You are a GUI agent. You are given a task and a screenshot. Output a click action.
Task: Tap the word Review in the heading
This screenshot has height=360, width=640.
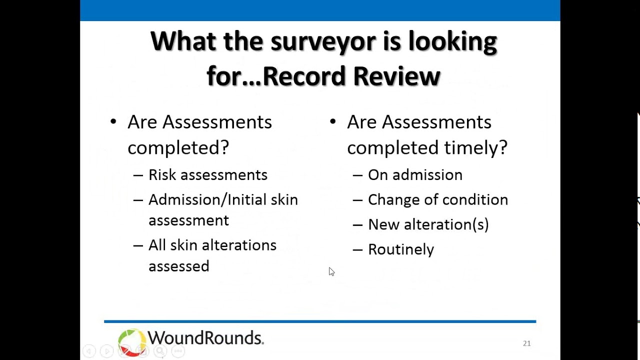[x=396, y=76]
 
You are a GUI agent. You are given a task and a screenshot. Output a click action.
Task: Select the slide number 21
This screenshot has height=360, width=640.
[x=526, y=343]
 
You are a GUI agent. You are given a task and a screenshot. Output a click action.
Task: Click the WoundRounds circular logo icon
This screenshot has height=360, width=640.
[x=131, y=342]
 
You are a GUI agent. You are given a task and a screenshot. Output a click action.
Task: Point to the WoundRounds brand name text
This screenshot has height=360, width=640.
[x=205, y=338]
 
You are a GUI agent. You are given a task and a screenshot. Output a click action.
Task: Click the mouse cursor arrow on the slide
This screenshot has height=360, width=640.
[x=331, y=271]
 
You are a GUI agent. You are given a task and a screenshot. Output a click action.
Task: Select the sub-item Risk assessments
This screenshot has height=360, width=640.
[x=207, y=175]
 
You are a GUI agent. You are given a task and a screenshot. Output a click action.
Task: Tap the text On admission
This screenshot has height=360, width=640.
[x=415, y=175]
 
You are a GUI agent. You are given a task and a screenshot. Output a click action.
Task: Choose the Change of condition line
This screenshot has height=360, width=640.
[x=437, y=200]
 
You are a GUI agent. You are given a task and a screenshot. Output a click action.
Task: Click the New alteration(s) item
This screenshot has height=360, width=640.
[x=428, y=224]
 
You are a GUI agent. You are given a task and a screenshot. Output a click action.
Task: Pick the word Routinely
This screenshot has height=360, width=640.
[x=400, y=249]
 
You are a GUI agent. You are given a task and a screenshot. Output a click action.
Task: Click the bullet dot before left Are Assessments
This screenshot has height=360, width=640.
[x=113, y=121]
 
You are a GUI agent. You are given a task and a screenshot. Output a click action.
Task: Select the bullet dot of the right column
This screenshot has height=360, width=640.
[x=332, y=121]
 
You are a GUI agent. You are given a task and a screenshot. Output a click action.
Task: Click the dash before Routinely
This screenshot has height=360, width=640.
[x=357, y=249]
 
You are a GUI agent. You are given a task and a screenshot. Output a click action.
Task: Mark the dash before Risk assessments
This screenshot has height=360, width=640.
[x=138, y=175]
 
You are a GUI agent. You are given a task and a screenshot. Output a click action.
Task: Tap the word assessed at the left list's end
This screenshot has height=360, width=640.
[x=178, y=266]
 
